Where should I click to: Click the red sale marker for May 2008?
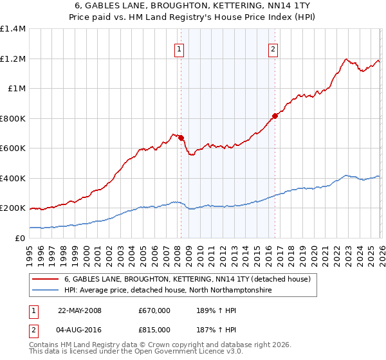[x=181, y=138]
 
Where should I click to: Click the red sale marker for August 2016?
[x=275, y=116]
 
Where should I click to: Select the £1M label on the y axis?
[x=16, y=88]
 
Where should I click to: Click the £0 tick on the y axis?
[x=21, y=238]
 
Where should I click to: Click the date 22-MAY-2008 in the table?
[x=80, y=310]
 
